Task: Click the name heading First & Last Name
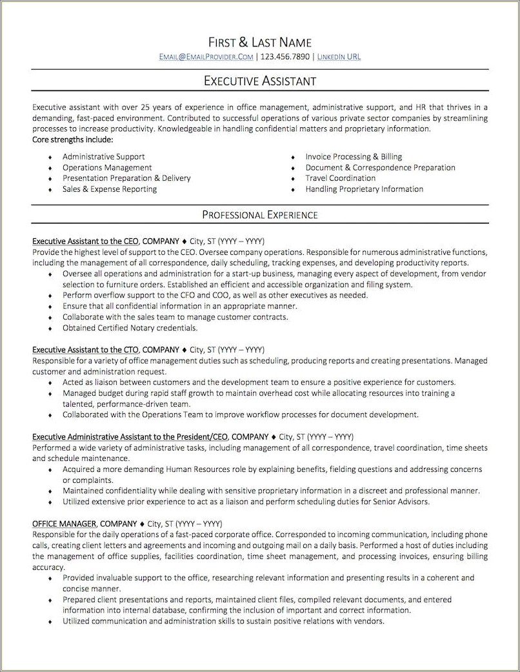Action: click(x=259, y=43)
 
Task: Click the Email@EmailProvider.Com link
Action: click(x=206, y=57)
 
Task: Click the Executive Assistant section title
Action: click(x=259, y=81)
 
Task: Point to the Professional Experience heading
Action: click(x=259, y=214)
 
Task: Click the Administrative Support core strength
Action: click(x=103, y=156)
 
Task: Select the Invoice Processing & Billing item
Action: click(x=354, y=156)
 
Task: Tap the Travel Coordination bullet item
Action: click(x=340, y=178)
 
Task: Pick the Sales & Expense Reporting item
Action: click(x=110, y=189)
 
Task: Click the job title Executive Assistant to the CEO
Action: click(x=86, y=240)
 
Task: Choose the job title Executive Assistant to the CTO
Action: click(x=86, y=349)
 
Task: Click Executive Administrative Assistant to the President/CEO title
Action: click(x=130, y=436)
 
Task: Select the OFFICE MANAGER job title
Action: click(x=65, y=524)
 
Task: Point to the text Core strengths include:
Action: click(x=72, y=139)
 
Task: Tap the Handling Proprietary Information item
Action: click(x=364, y=189)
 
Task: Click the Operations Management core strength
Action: click(x=107, y=167)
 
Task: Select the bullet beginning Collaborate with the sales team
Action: click(x=175, y=316)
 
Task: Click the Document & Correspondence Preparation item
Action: click(x=380, y=167)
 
